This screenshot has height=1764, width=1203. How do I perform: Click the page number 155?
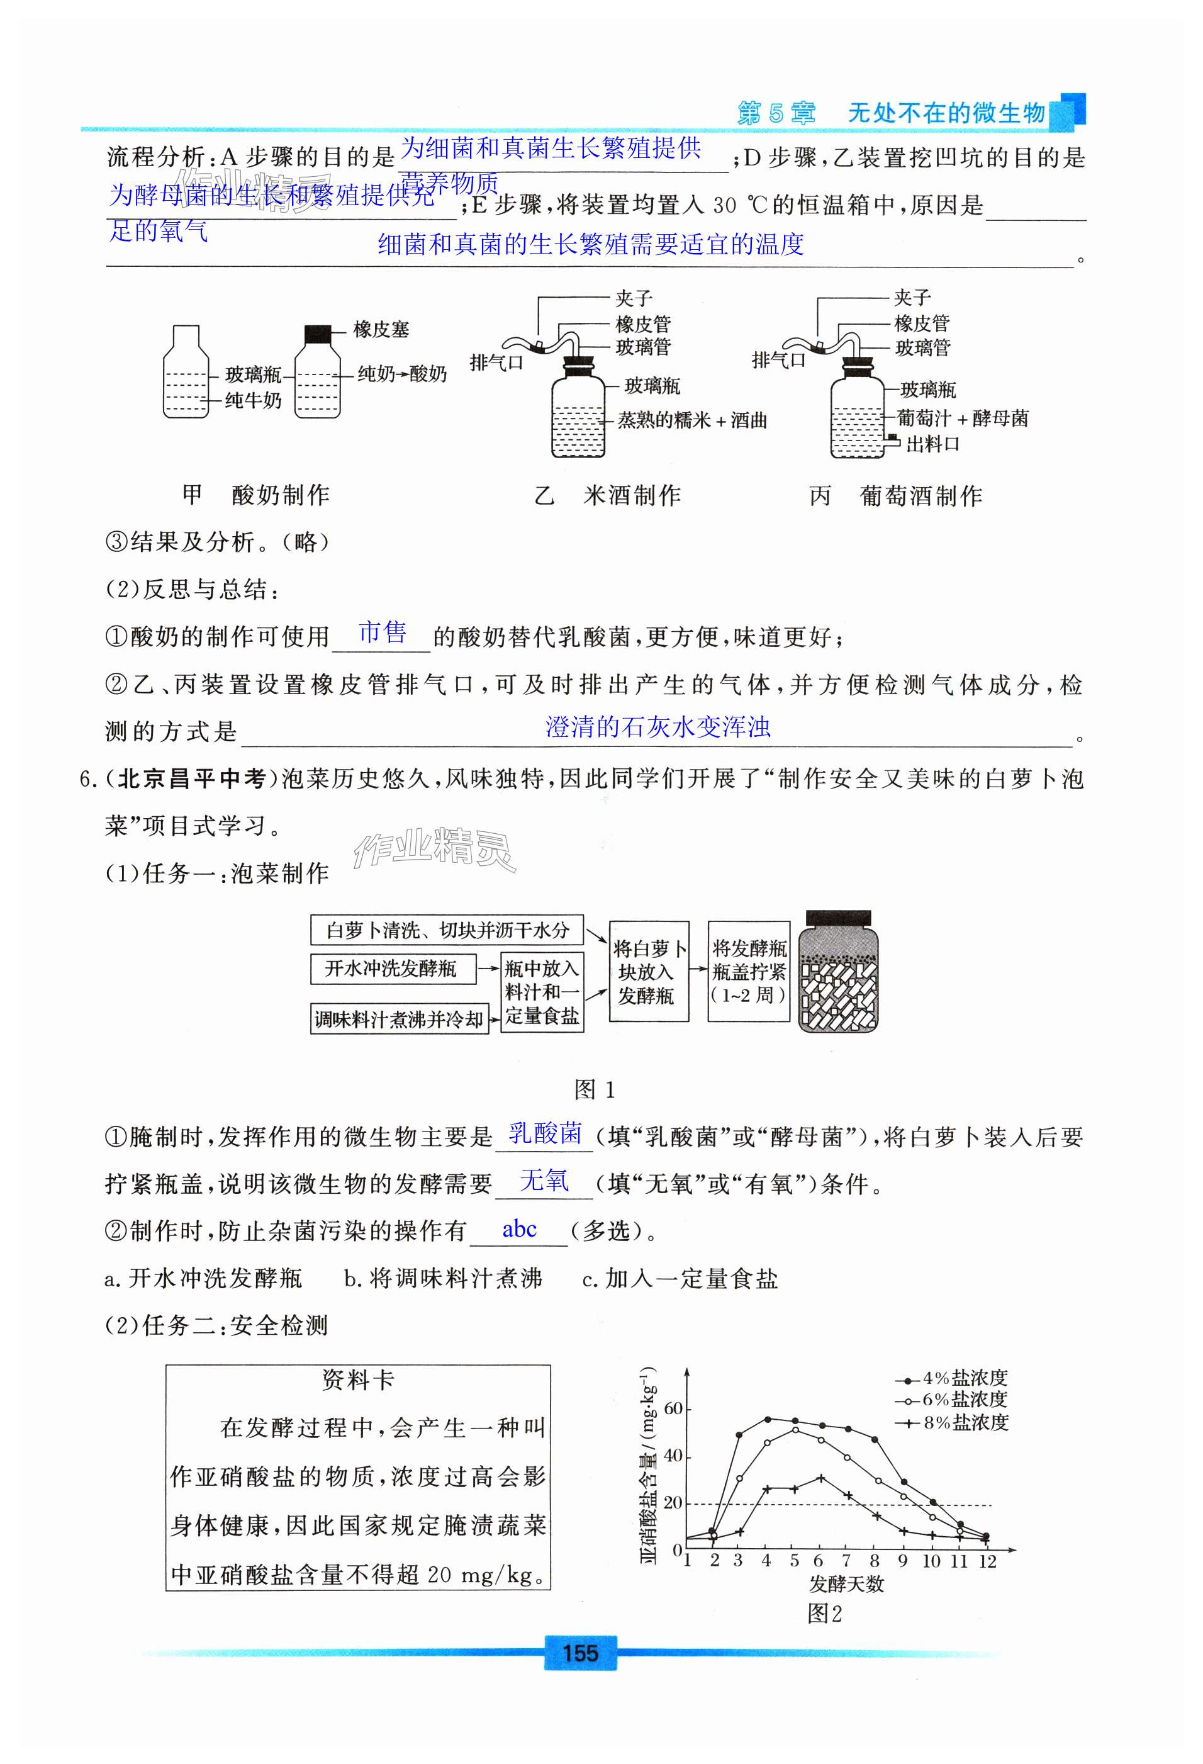(581, 1653)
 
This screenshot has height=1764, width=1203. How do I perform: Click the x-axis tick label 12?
(986, 1561)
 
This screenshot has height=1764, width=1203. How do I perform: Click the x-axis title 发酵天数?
(846, 1584)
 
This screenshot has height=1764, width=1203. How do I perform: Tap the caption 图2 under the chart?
(824, 1613)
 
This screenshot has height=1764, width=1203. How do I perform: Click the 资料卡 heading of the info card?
(357, 1380)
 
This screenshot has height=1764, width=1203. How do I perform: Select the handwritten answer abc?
(519, 1230)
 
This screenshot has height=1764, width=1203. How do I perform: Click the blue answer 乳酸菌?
(545, 1133)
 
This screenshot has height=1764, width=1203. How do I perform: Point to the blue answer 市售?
(382, 632)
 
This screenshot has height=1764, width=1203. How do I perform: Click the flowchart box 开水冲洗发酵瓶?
(393, 969)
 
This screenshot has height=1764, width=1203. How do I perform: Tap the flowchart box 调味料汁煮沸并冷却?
(400, 1020)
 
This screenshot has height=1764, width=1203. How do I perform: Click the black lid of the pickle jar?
(838, 918)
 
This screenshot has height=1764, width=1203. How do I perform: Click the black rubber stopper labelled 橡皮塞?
(318, 333)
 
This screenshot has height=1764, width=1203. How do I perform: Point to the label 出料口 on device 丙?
(933, 444)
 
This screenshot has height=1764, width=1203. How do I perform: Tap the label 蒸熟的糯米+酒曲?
(691, 420)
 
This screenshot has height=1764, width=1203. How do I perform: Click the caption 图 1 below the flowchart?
(595, 1090)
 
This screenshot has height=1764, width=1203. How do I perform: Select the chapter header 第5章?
(776, 113)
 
